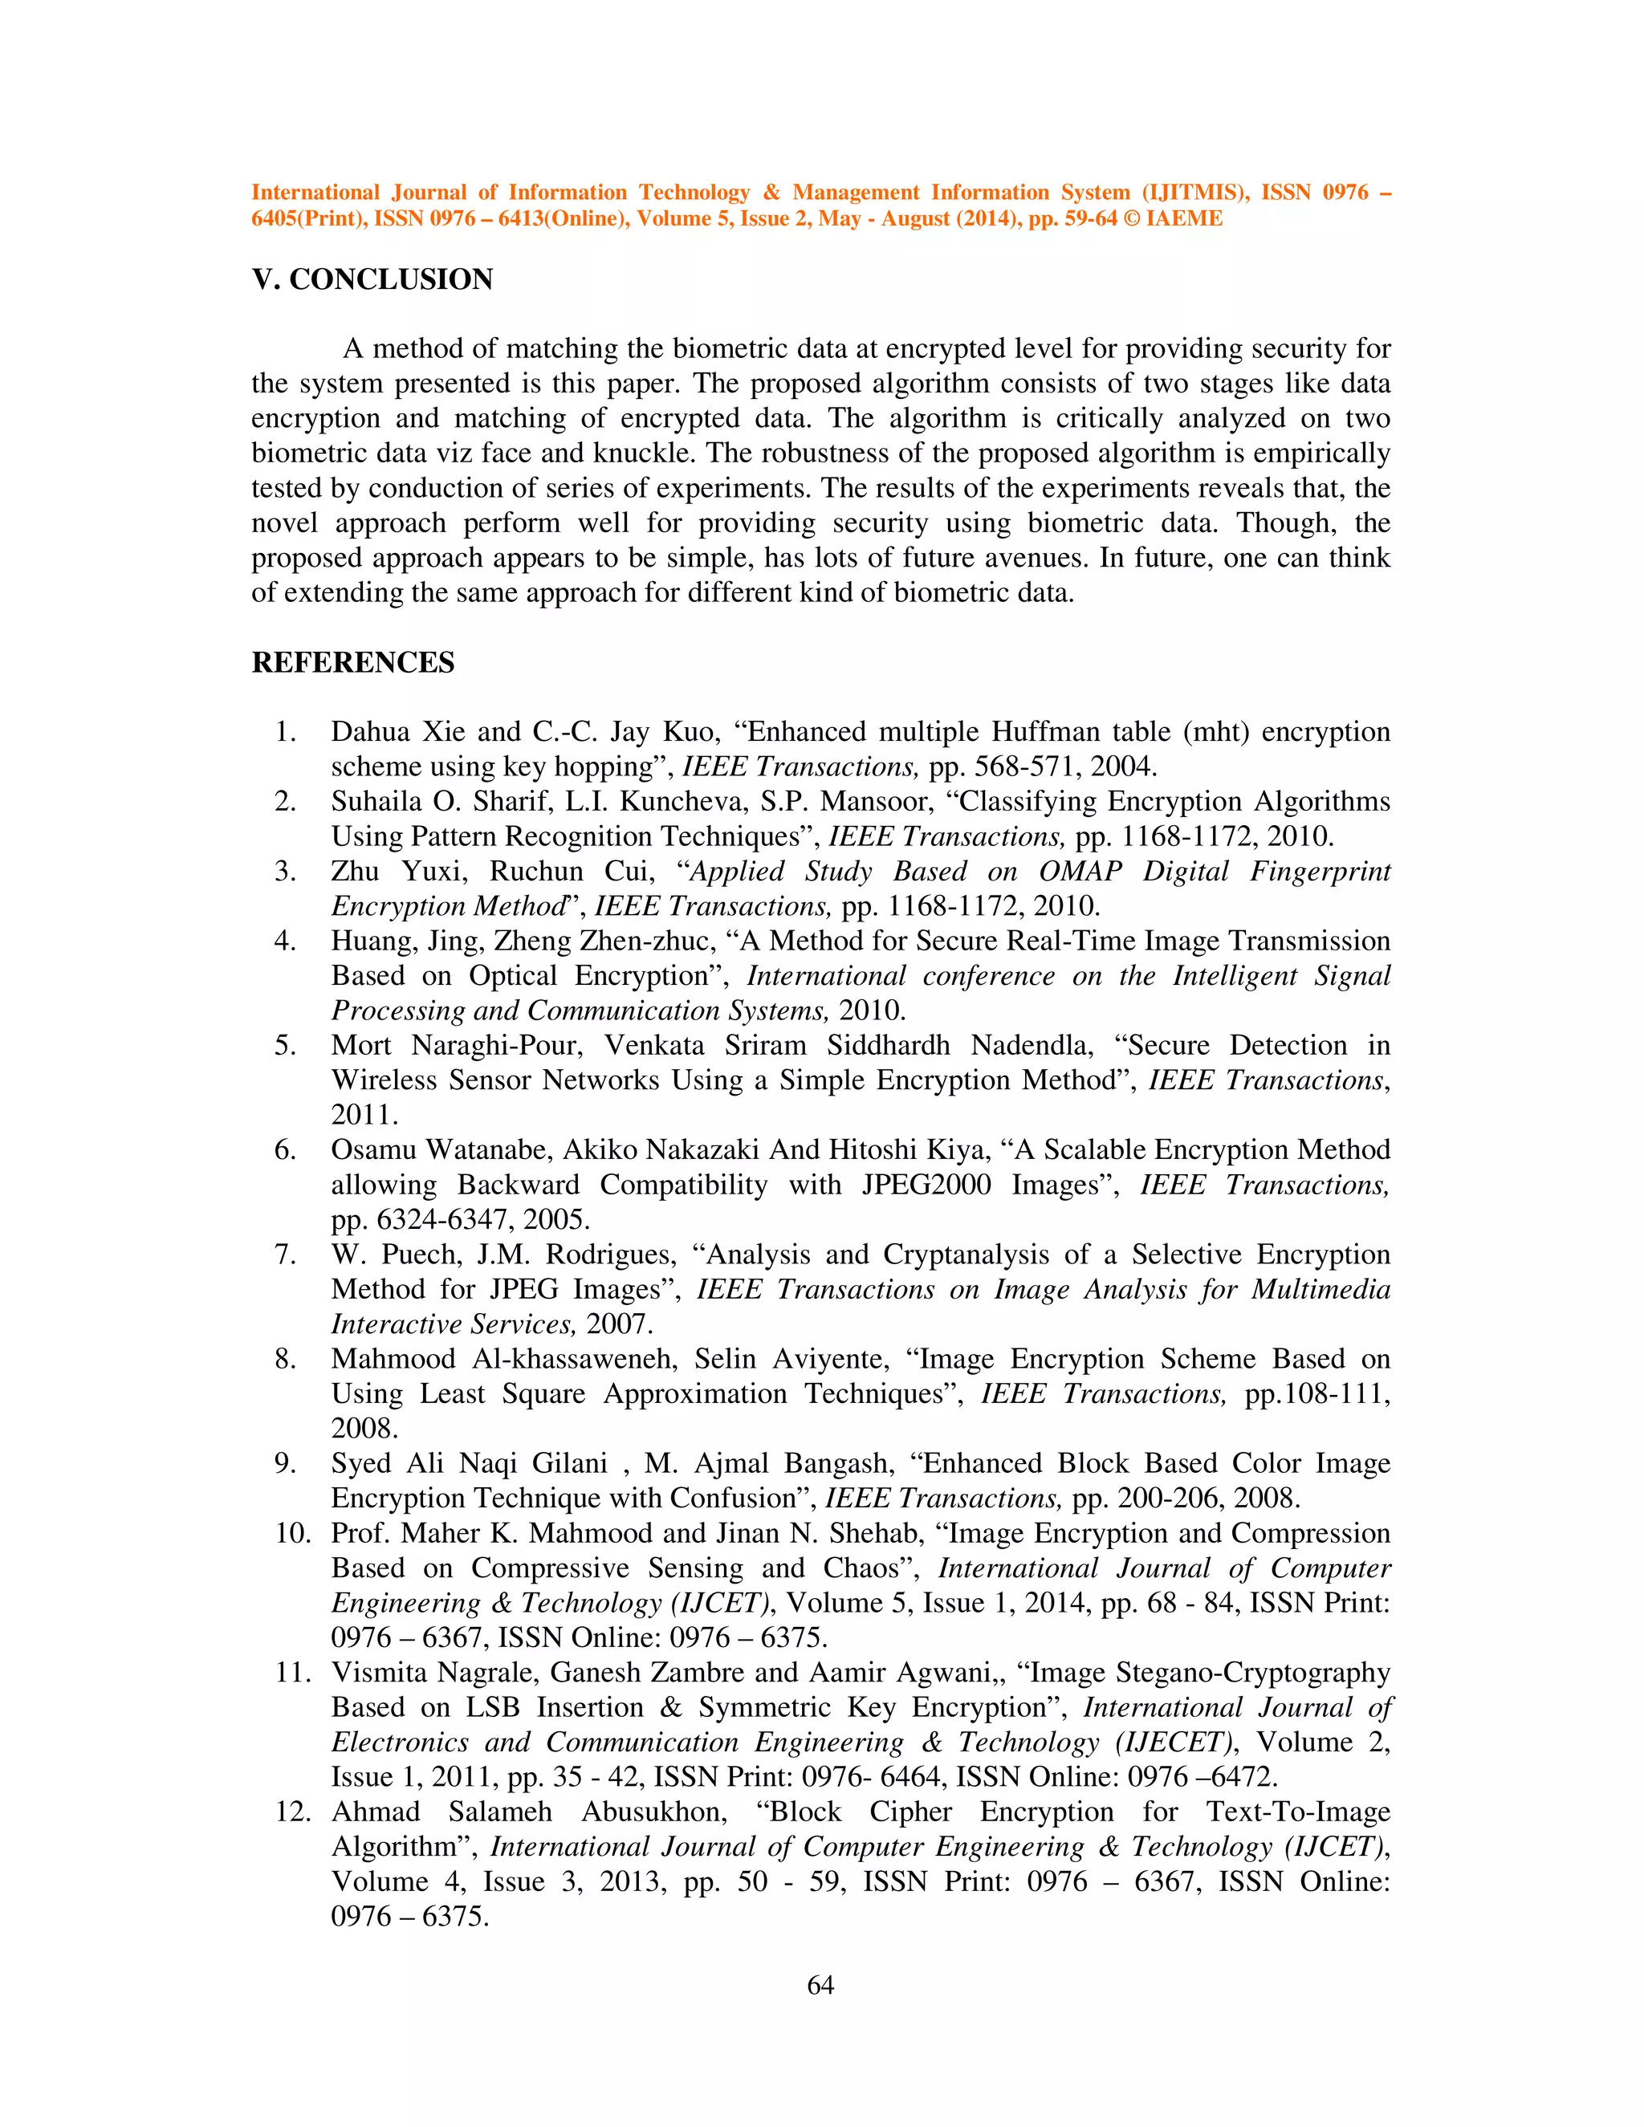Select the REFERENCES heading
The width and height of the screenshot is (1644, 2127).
(x=352, y=662)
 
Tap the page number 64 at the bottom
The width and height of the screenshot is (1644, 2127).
(x=821, y=1985)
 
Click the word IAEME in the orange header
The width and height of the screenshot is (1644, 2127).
(x=1183, y=218)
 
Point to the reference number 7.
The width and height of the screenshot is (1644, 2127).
(x=284, y=1255)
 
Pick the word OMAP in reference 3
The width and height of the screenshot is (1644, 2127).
(x=1080, y=871)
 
